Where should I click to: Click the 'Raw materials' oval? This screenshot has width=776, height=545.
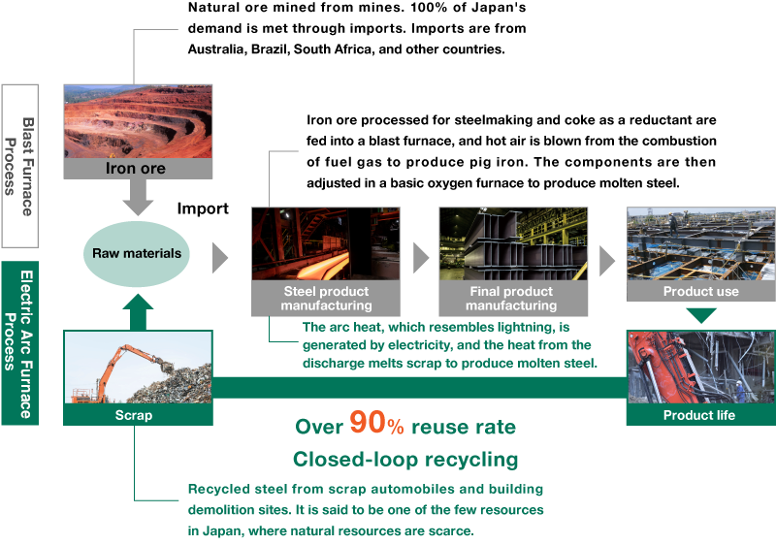click(137, 254)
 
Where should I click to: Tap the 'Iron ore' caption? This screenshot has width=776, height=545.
click(136, 169)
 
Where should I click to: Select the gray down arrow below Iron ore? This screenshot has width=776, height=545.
click(138, 197)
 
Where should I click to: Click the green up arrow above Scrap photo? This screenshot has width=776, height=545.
click(138, 312)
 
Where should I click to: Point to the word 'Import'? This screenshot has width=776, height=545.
click(203, 208)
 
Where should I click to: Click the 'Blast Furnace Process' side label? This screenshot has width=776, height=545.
click(19, 166)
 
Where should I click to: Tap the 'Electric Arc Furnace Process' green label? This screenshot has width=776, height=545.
click(19, 343)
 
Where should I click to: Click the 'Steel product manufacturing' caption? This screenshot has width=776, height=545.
click(326, 299)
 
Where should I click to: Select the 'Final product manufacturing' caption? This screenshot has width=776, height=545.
click(511, 299)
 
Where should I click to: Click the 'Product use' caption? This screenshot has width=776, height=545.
click(700, 291)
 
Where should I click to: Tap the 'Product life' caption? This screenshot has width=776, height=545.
click(699, 415)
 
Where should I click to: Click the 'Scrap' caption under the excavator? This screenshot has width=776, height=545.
click(134, 415)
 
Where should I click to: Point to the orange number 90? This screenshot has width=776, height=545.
click(368, 422)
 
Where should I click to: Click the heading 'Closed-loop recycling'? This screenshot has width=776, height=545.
click(405, 460)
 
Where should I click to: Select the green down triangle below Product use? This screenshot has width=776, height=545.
click(701, 315)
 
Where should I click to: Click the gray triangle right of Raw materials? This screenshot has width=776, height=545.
click(220, 258)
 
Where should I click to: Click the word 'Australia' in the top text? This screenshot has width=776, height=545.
click(215, 49)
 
